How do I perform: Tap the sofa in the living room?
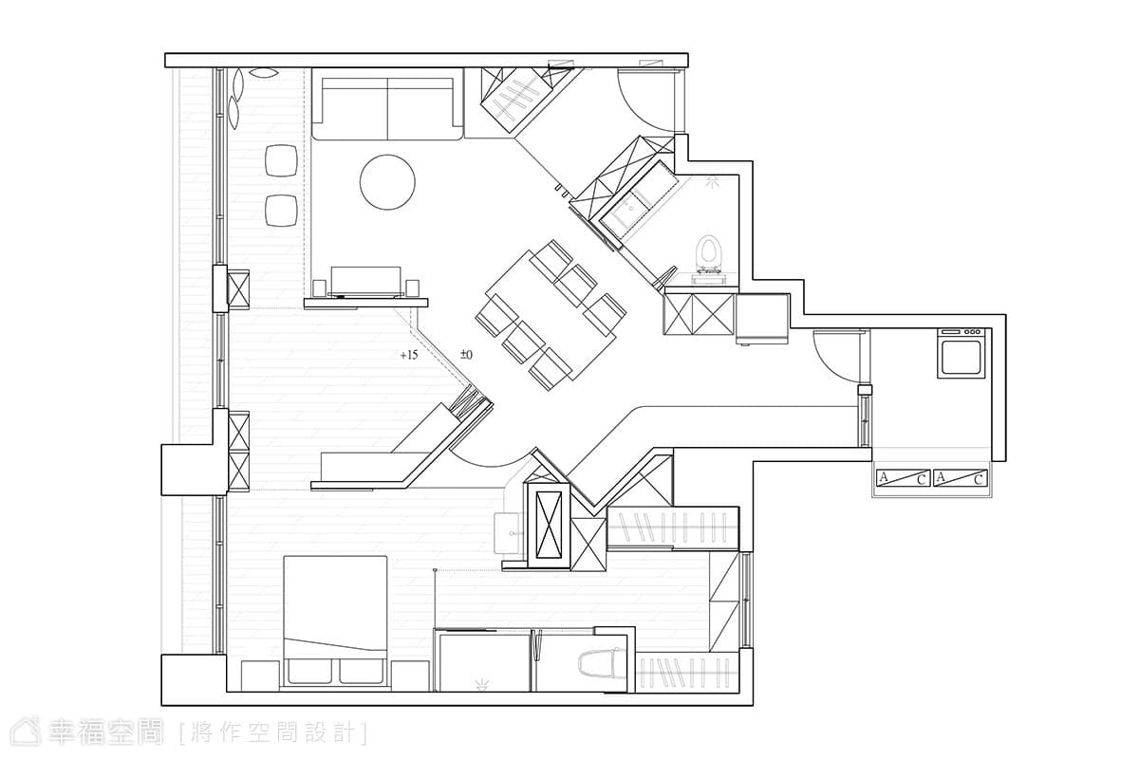click(x=387, y=108)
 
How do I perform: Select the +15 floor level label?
click(x=409, y=355)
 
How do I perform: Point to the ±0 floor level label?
click(x=466, y=354)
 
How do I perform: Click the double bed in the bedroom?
click(x=335, y=620)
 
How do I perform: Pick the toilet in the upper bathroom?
click(x=709, y=258)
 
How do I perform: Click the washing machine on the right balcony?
click(x=962, y=353)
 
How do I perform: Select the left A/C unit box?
click(x=903, y=478)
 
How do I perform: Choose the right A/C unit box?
click(x=961, y=478)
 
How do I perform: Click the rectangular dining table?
click(x=551, y=315)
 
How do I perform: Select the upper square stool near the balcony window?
click(x=281, y=160)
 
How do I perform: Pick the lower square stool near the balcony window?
click(x=281, y=211)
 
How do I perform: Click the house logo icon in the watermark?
click(x=26, y=731)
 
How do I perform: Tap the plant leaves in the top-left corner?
click(x=249, y=97)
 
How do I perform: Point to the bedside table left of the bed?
click(x=260, y=676)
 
